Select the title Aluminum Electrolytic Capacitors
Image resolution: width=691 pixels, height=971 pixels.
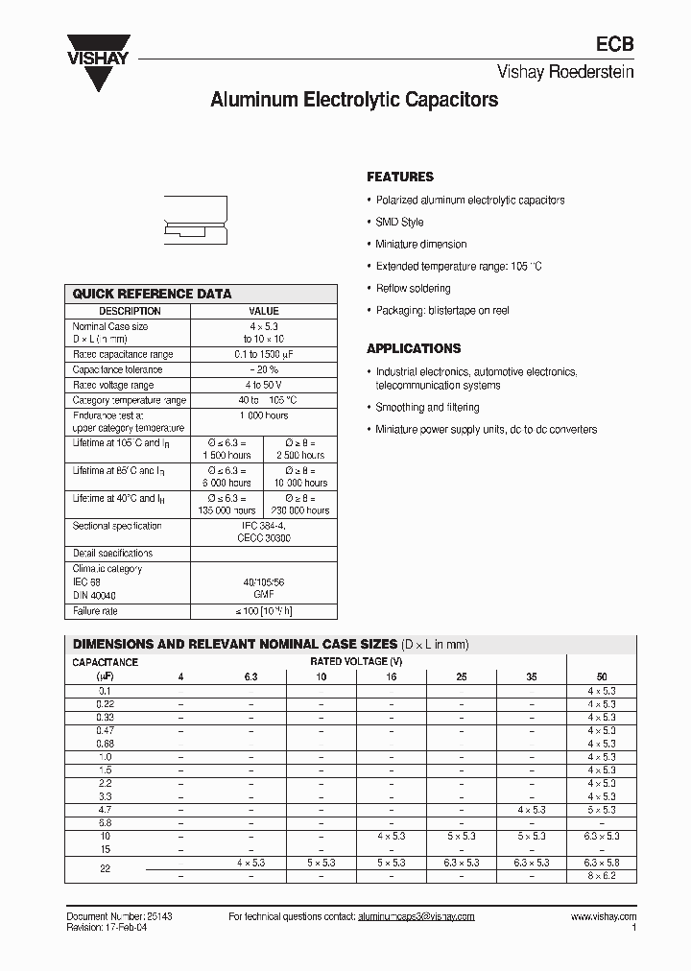pos(354,99)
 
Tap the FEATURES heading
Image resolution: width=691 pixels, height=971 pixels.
pos(400,177)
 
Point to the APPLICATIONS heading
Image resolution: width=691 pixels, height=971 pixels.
pos(414,348)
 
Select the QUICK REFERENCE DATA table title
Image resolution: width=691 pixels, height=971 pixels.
pos(153,295)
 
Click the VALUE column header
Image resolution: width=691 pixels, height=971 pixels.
pos(264,311)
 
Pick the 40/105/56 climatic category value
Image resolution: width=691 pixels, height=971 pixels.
pos(264,582)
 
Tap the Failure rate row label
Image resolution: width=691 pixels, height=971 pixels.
pos(95,611)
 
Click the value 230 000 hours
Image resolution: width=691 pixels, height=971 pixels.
pos(299,510)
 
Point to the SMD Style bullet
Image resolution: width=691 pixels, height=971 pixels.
pos(399,223)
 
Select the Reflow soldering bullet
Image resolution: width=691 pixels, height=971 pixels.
pos(413,288)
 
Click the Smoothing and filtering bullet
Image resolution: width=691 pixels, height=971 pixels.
pos(427,408)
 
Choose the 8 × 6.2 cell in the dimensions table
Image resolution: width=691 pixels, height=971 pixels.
pos(602,876)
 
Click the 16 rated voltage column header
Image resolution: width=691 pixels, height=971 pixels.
pos(392,676)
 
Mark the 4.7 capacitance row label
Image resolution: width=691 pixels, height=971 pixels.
pos(105,810)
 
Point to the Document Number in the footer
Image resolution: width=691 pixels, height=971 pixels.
pos(119,917)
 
